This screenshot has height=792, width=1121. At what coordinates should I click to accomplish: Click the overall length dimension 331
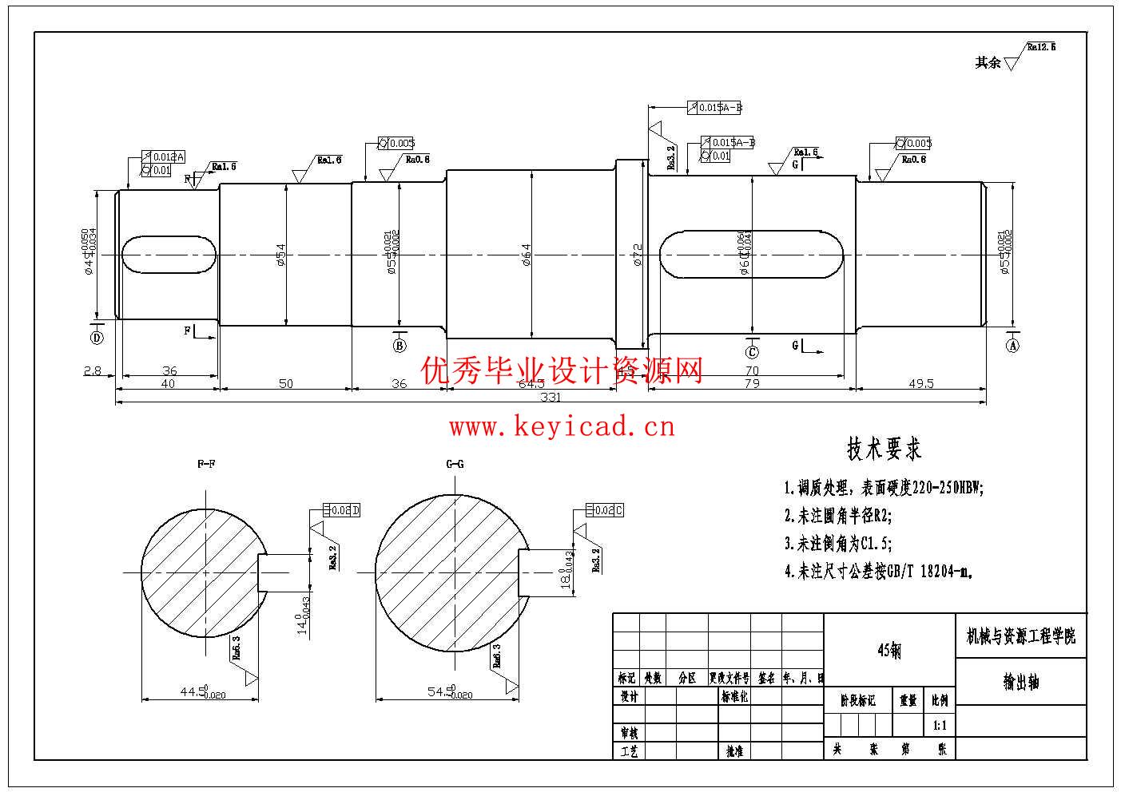coord(551,397)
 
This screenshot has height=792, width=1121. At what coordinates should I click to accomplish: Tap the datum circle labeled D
coord(97,338)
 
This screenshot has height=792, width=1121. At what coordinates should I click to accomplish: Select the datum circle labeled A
coord(1012,346)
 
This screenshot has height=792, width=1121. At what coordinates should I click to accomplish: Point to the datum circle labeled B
coord(400,346)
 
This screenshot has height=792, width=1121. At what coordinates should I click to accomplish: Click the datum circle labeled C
coord(752,352)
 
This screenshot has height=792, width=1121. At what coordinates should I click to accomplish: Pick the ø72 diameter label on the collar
coord(638,255)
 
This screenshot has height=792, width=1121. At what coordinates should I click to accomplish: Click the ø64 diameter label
coord(526,255)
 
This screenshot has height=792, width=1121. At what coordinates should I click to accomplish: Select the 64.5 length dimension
coord(531,384)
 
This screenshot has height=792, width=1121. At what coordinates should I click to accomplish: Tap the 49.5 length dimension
coord(920,384)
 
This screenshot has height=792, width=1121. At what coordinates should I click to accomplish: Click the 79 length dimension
coord(752,384)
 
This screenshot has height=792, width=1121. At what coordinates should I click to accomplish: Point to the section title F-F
coord(206,464)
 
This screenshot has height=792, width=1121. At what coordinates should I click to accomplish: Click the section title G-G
coord(455,464)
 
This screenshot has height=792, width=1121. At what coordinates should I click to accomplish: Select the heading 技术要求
coord(884,449)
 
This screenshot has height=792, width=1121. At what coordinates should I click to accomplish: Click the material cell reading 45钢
coord(889,651)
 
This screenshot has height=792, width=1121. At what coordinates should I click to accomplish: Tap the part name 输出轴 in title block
coord(1021,683)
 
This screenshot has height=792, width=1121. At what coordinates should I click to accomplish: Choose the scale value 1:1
coord(940,727)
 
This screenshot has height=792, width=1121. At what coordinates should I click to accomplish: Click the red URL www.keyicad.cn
coord(562,427)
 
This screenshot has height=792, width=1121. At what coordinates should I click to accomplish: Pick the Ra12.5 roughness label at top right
coord(1041,47)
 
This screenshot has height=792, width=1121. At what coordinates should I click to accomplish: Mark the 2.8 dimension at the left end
coord(92,371)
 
